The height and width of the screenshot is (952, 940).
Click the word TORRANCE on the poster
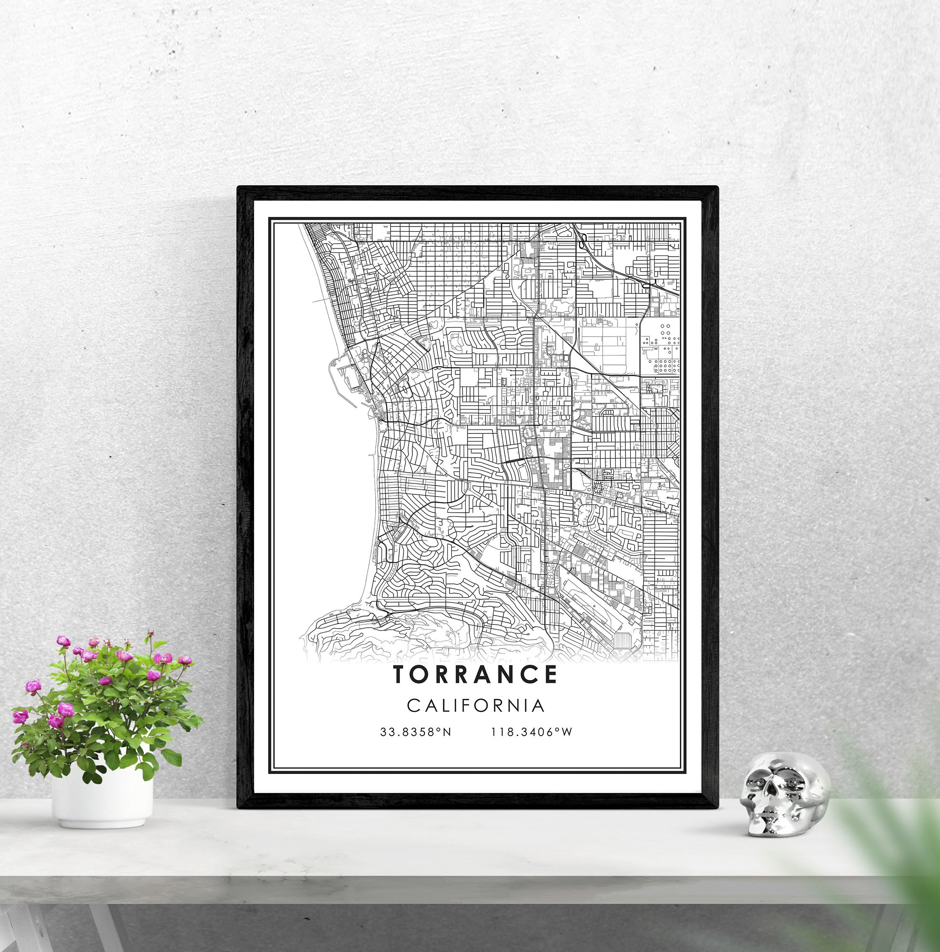475,675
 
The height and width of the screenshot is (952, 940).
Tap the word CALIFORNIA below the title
475,705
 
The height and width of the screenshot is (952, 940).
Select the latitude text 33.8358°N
415,732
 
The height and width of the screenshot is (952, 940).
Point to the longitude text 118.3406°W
531,732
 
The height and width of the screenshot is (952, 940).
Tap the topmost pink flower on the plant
63,641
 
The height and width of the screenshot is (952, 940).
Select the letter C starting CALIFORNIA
413,705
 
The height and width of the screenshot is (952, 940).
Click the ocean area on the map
320,493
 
